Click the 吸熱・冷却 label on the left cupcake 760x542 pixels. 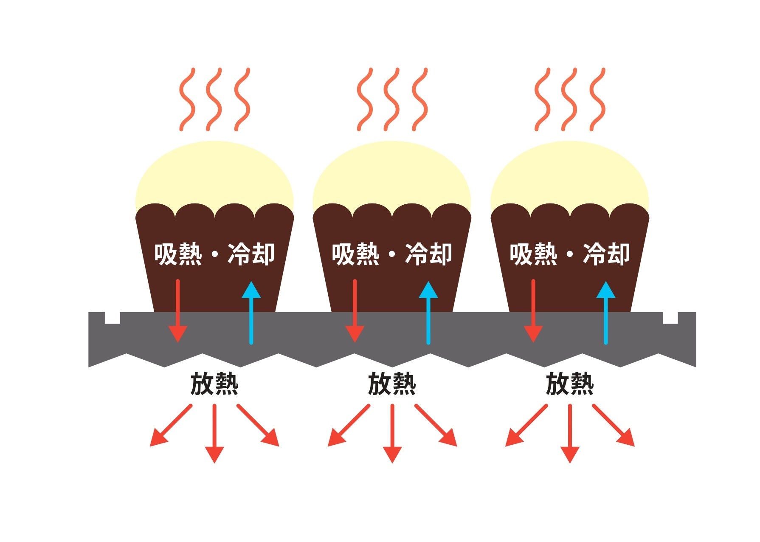(x=214, y=254)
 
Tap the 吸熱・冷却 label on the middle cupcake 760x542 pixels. (x=392, y=254)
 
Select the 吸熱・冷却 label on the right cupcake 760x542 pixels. (x=570, y=254)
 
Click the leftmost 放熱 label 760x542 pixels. (x=214, y=384)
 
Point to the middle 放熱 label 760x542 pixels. (x=392, y=384)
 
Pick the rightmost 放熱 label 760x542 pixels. (x=570, y=384)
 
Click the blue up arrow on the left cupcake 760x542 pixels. (x=251, y=312)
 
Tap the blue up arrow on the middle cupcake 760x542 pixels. (x=428, y=312)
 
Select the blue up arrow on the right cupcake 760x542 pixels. (x=606, y=312)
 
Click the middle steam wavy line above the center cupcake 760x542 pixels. (x=391, y=99)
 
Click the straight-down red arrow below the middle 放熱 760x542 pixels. (x=392, y=433)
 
